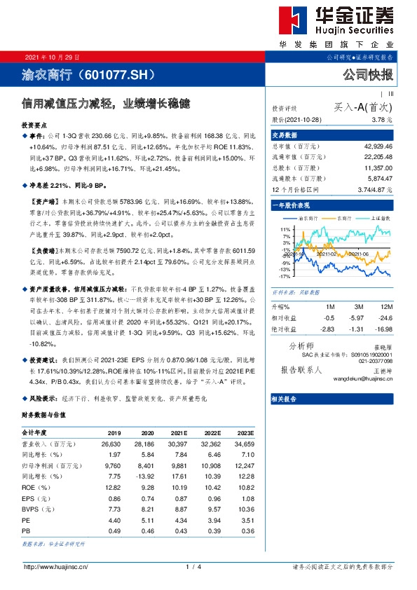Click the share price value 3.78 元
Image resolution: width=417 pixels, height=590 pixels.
click(x=381, y=120)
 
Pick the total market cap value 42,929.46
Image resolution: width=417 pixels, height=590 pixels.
click(x=377, y=144)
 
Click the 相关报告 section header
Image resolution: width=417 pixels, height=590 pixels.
click(x=284, y=398)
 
